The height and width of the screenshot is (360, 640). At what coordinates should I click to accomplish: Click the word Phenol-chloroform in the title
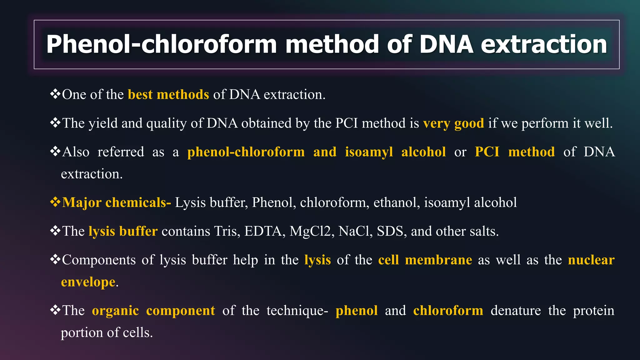161,44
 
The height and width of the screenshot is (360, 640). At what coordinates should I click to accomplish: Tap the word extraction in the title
544,44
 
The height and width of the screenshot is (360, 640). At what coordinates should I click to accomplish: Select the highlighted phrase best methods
168,94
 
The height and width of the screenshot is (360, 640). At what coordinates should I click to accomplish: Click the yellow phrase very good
453,123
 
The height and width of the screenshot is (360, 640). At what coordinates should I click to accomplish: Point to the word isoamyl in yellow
369,152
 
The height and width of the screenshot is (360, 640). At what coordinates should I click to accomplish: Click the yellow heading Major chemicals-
116,202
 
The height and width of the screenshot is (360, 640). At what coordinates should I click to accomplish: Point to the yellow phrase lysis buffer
123,231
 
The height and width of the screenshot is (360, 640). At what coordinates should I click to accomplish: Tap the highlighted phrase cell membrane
425,260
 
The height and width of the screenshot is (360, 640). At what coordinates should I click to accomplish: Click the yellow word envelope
88,282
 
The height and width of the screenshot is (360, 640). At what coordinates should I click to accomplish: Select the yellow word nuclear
591,260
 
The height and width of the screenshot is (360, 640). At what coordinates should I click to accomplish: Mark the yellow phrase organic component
153,311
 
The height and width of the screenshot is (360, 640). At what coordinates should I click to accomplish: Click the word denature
516,311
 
